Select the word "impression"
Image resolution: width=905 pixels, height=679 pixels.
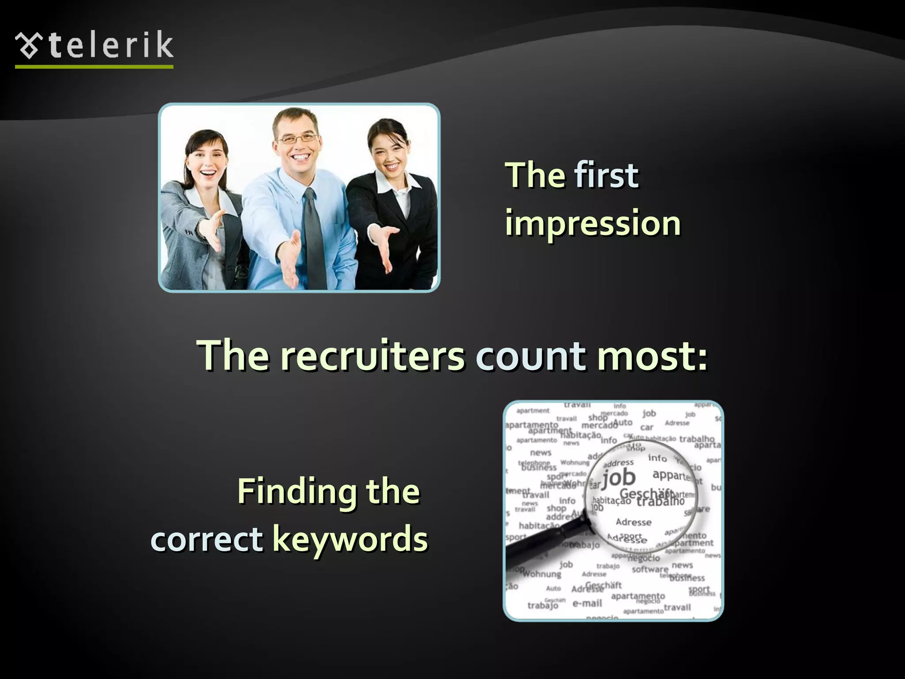tap(593, 223)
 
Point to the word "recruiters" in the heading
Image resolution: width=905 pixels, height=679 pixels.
tap(372, 355)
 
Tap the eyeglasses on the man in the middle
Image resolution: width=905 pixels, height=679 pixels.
tap(297, 139)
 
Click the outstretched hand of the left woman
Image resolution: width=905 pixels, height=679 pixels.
tap(211, 230)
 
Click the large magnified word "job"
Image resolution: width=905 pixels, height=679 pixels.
tap(619, 478)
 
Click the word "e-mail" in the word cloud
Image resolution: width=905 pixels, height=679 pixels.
tap(587, 603)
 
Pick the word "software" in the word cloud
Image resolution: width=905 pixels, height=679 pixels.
tap(650, 569)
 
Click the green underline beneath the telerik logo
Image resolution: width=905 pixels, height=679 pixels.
tap(94, 67)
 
